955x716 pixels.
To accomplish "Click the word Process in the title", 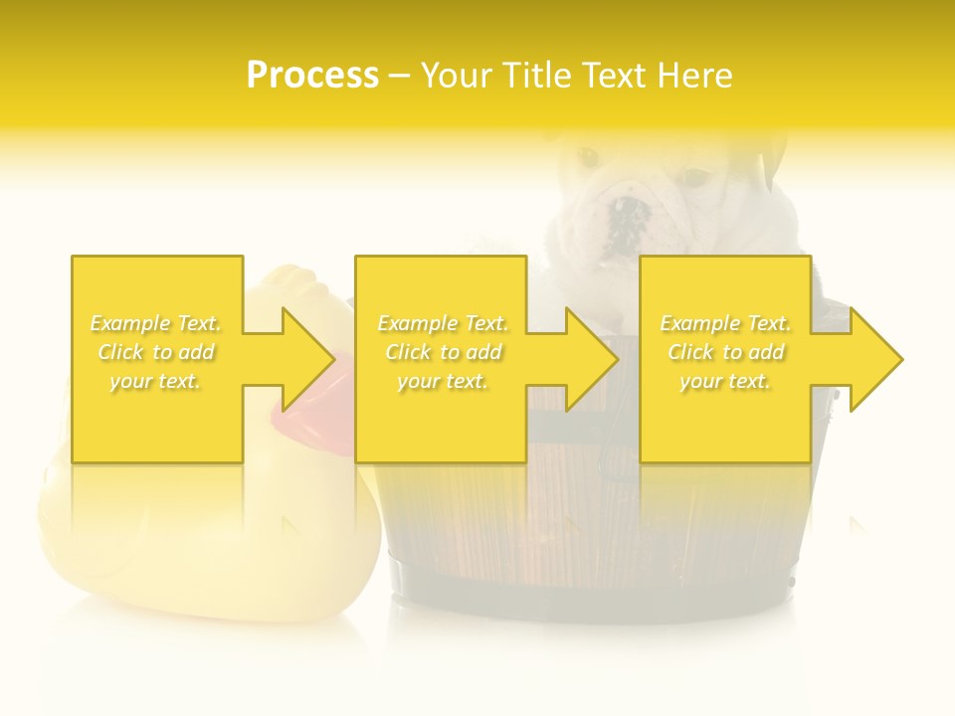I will pos(312,75).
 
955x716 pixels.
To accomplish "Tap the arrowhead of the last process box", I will pos(874,359).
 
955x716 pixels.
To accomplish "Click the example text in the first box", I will pos(156,352).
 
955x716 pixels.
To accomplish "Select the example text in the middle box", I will pos(443,352).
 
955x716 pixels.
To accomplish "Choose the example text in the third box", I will pos(725,352).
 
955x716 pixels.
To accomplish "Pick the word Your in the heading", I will pos(458,75).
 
